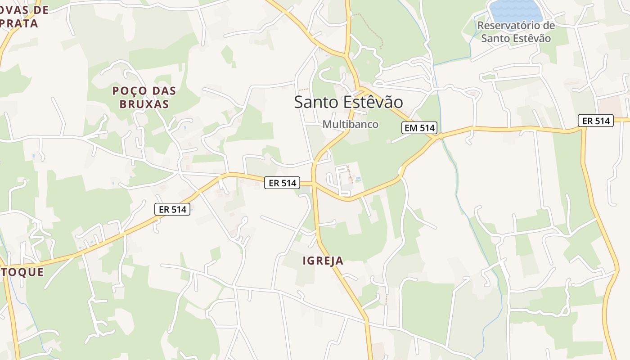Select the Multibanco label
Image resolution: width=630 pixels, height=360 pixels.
click(350, 124)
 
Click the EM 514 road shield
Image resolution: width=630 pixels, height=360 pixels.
click(419, 128)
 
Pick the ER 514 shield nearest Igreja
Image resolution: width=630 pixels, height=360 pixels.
click(282, 183)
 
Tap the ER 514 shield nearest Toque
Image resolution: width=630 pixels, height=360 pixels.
click(172, 209)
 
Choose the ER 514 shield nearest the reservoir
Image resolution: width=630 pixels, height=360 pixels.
click(596, 121)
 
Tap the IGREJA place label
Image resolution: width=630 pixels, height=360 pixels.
click(323, 261)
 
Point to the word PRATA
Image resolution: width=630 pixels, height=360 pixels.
click(19, 23)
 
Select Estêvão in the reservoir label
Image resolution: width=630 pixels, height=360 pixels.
click(531, 38)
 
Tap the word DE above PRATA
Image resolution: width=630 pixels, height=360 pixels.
click(40, 10)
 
